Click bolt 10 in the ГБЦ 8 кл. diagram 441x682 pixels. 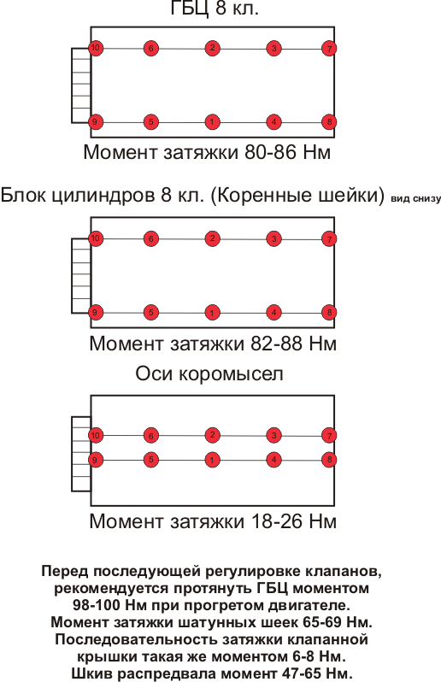[96, 48]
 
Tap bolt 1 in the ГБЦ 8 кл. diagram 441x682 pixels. [212, 122]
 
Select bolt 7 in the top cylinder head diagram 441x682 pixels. [329, 48]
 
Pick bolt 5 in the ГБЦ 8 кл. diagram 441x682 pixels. [151, 122]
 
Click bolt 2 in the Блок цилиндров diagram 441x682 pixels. [212, 238]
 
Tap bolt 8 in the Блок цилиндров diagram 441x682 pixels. [329, 312]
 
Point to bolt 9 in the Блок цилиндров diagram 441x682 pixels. [95, 312]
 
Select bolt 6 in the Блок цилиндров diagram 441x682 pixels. [151, 238]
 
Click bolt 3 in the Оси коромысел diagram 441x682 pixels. [273, 435]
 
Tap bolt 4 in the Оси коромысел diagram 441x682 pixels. [273, 460]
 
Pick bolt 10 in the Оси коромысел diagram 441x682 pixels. [96, 435]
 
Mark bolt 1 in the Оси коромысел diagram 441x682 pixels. [212, 460]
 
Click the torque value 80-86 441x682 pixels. [271, 153]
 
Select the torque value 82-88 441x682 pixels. [277, 344]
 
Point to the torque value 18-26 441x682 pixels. [277, 521]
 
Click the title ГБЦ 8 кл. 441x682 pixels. [215, 9]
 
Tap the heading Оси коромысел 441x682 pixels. [209, 374]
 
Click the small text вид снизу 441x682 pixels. [415, 199]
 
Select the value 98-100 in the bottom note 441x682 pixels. [96, 605]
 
